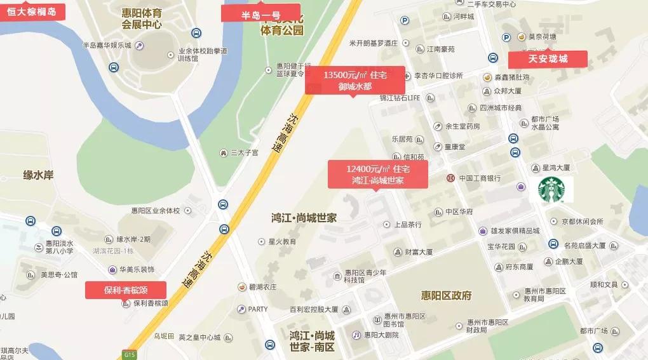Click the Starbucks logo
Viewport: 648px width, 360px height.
(551, 189)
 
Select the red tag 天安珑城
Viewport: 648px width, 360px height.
(548, 59)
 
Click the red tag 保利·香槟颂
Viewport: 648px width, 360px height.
(126, 290)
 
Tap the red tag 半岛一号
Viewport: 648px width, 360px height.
(260, 13)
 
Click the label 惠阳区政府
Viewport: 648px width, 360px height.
(446, 295)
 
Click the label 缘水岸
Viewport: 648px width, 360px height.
(38, 175)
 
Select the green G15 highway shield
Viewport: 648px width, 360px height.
(130, 354)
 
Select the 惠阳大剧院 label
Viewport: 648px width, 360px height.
(381, 335)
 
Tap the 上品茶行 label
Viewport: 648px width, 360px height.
(408, 225)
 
